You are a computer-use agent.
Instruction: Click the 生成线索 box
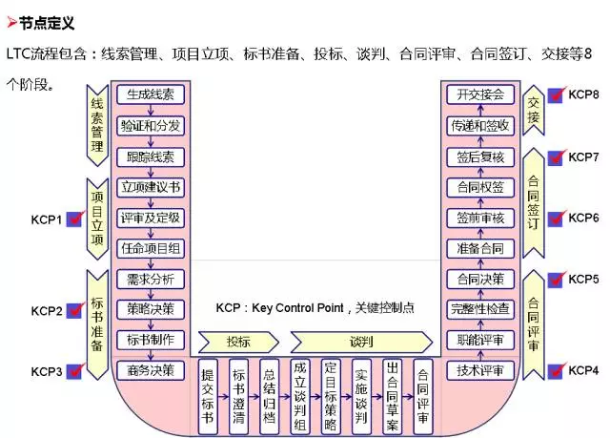point(150,94)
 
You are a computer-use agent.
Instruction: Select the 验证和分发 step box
point(150,125)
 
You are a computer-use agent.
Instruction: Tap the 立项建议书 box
point(150,186)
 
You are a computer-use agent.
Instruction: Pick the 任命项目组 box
point(150,247)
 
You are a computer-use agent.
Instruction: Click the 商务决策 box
point(150,369)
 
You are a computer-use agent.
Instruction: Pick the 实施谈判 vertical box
point(360,390)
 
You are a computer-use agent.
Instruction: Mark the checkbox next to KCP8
point(556,96)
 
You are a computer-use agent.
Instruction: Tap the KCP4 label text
point(583,369)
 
